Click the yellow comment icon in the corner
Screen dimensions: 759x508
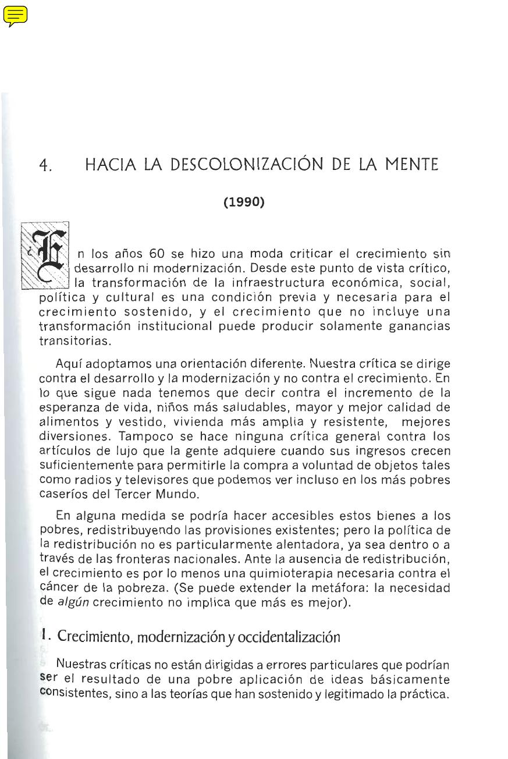[15, 16]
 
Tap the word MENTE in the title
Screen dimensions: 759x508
[410, 165]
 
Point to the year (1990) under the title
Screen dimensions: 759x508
[244, 202]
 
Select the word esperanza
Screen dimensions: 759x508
[66, 407]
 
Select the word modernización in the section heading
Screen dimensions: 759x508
[176, 637]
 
